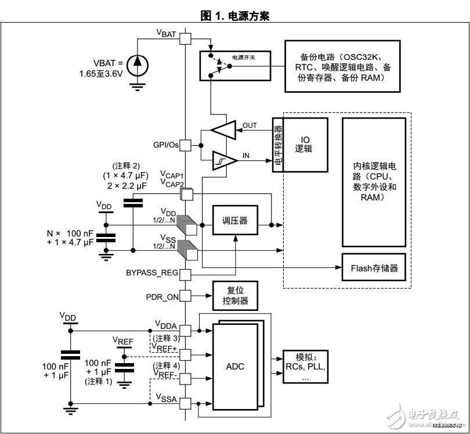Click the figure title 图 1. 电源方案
[235, 16]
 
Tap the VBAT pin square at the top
[185, 39]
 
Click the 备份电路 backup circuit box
[342, 66]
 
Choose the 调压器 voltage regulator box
[235, 221]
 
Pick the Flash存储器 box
[374, 268]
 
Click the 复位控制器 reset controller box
[235, 296]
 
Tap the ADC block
[235, 366]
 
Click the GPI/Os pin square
[185, 145]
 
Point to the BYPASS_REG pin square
[185, 273]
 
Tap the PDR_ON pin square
[185, 296]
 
